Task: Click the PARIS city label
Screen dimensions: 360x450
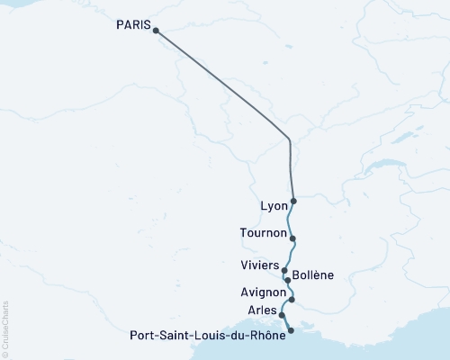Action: [x=133, y=25]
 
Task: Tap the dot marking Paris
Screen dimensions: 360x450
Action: [x=156, y=31]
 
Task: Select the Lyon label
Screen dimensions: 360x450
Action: [x=273, y=205]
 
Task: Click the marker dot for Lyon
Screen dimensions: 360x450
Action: [x=294, y=201]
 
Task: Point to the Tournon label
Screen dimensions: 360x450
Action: [x=264, y=232]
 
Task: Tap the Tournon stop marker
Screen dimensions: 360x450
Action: [x=293, y=238]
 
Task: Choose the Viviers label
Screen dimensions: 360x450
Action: [x=259, y=265]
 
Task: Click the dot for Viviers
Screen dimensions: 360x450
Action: [x=284, y=270]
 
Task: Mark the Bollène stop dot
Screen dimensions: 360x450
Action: [x=287, y=280]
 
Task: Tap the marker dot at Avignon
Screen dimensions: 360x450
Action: [x=292, y=299]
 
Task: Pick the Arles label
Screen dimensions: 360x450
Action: [x=261, y=310]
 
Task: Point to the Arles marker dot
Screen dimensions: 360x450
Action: [x=283, y=316]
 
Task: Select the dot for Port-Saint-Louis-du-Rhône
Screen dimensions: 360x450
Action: [x=290, y=331]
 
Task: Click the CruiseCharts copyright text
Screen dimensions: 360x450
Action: [x=5, y=328]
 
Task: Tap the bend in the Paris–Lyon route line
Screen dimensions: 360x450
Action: [x=289, y=140]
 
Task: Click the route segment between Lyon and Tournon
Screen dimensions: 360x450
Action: [x=288, y=220]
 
